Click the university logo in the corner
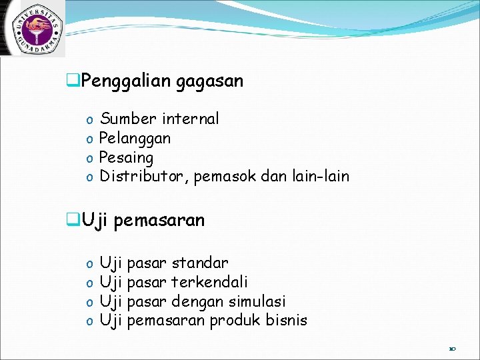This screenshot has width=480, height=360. [x=33, y=27]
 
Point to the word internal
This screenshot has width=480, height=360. [x=190, y=119]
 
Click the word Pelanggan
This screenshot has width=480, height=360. [x=135, y=139]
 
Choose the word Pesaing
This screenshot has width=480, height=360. [x=126, y=158]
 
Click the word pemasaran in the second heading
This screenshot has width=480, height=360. [x=159, y=220]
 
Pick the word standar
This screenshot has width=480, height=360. [x=199, y=263]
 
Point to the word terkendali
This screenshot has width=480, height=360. [x=209, y=282]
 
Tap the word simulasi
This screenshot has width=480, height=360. [x=256, y=301]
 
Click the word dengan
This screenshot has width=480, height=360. [x=196, y=301]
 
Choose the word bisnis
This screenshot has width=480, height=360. [x=287, y=321]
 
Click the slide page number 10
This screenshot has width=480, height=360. [x=452, y=348]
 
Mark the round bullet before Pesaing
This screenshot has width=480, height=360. [x=89, y=159]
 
